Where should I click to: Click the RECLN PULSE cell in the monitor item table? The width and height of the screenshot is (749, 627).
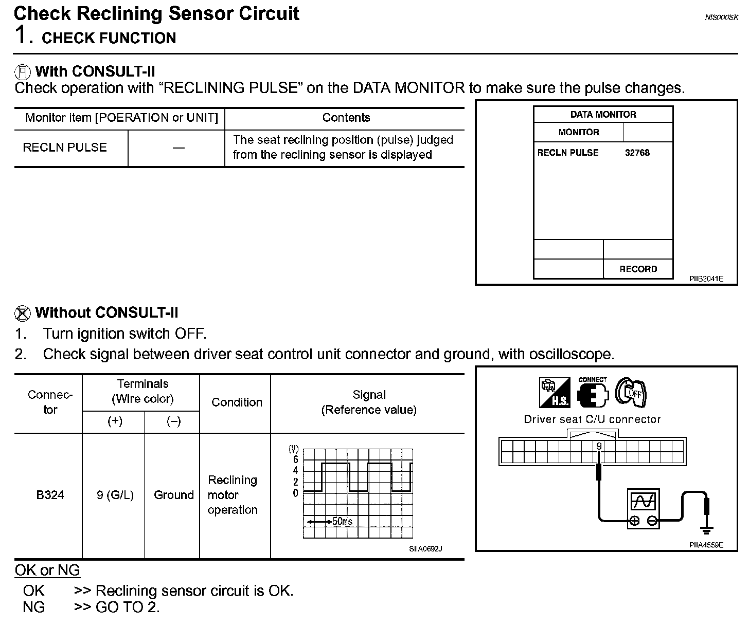pyautogui.click(x=65, y=147)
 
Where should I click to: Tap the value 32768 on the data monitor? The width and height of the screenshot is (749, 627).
pyautogui.click(x=637, y=153)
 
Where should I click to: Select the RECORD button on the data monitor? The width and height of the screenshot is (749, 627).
pyautogui.click(x=638, y=269)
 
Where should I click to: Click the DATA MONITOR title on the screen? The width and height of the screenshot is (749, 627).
pyautogui.click(x=603, y=115)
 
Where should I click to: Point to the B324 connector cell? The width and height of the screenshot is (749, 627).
pyautogui.click(x=50, y=495)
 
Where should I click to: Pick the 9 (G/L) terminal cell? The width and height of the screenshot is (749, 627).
pyautogui.click(x=115, y=495)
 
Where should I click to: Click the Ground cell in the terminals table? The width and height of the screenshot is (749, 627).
pyautogui.click(x=173, y=495)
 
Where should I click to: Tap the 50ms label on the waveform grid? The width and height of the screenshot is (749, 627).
pyautogui.click(x=342, y=521)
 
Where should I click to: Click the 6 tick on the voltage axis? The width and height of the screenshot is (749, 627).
pyautogui.click(x=295, y=459)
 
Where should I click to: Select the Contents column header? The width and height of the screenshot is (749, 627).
pyautogui.click(x=346, y=118)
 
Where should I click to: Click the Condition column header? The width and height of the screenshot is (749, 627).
pyautogui.click(x=237, y=402)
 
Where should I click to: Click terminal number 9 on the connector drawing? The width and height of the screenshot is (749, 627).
pyautogui.click(x=599, y=446)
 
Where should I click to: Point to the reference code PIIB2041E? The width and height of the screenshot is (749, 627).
pyautogui.click(x=706, y=279)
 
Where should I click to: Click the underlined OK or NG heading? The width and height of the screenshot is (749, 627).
pyautogui.click(x=47, y=570)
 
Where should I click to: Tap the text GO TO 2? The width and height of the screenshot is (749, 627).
pyautogui.click(x=128, y=607)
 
